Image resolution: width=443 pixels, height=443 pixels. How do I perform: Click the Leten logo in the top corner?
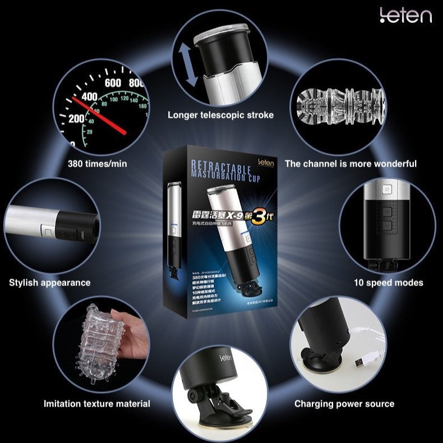(x=407, y=16)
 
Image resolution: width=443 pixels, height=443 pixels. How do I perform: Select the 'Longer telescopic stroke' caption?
(x=221, y=115)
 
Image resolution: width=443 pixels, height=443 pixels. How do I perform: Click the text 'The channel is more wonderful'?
(x=350, y=164)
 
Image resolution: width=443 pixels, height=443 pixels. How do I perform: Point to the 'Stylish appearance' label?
(x=49, y=283)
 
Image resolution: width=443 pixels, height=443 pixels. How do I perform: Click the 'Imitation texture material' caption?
(x=97, y=403)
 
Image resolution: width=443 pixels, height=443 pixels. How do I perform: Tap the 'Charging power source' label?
(x=345, y=403)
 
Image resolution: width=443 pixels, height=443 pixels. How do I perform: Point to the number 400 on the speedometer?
(x=90, y=96)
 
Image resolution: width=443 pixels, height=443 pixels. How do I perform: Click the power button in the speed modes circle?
(x=386, y=190)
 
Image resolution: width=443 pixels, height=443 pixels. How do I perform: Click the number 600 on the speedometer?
(x=113, y=82)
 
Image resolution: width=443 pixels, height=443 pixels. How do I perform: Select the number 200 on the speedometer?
(x=77, y=119)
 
